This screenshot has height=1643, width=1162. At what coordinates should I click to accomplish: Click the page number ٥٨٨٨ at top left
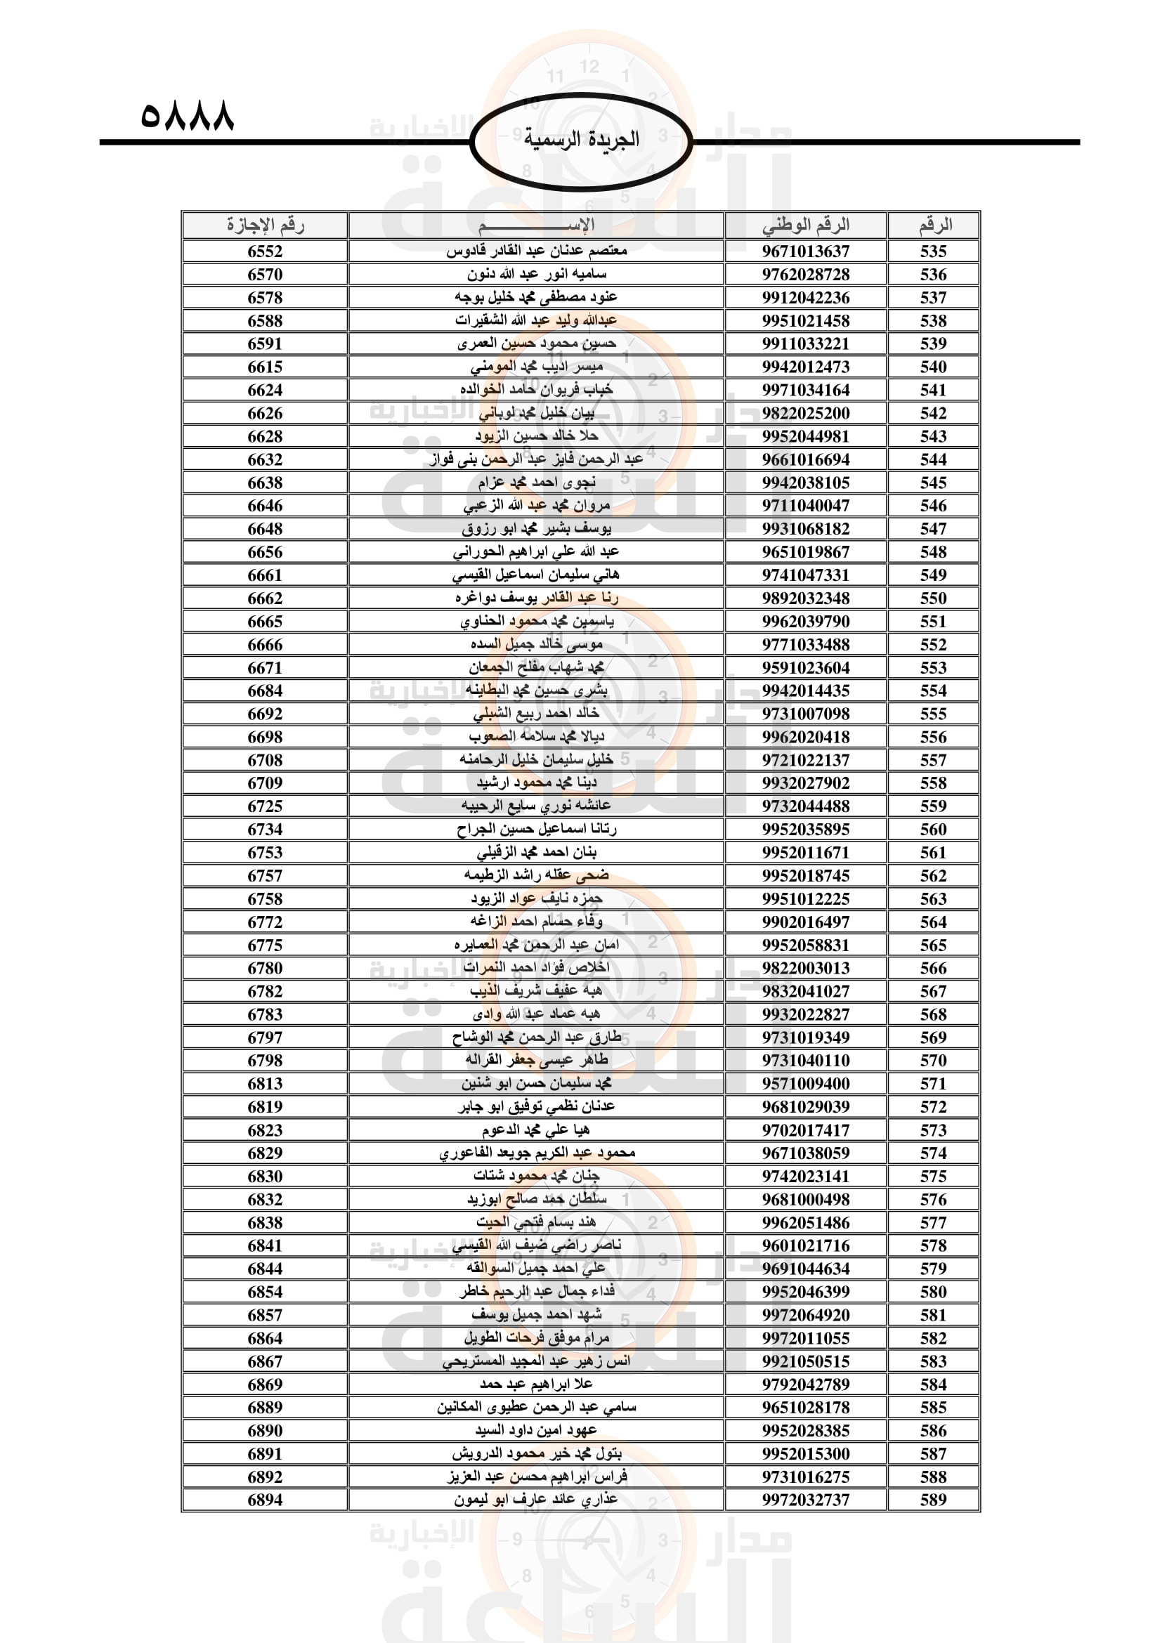tap(188, 114)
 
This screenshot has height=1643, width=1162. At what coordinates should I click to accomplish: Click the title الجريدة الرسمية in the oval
tap(581, 139)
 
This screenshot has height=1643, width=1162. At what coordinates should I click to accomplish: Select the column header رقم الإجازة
tap(265, 225)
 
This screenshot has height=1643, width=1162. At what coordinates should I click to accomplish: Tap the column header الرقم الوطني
tap(806, 225)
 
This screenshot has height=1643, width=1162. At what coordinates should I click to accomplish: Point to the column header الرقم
tap(934, 225)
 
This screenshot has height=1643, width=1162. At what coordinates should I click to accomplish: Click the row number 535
tap(933, 251)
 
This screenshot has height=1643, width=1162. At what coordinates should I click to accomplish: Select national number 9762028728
tap(806, 275)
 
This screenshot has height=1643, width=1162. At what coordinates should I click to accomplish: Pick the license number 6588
tap(265, 320)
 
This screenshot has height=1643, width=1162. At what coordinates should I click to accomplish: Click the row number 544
tap(933, 459)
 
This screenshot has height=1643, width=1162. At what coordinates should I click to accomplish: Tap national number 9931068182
tap(806, 529)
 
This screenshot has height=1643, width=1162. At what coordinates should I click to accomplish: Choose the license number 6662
tap(265, 598)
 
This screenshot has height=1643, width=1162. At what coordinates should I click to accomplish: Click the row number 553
tap(933, 667)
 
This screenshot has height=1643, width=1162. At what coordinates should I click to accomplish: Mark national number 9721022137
tap(806, 760)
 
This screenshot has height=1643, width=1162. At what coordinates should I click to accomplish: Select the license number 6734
tap(265, 830)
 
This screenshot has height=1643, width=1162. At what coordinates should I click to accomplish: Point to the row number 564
tap(933, 922)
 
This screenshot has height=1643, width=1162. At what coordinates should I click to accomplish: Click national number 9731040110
tap(806, 1061)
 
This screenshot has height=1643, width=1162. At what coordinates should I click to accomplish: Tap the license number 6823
tap(265, 1130)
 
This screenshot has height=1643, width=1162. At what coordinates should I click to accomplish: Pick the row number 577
tap(933, 1222)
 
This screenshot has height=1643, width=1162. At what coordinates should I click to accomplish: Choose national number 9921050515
tap(806, 1361)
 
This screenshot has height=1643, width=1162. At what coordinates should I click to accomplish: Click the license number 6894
tap(265, 1499)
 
